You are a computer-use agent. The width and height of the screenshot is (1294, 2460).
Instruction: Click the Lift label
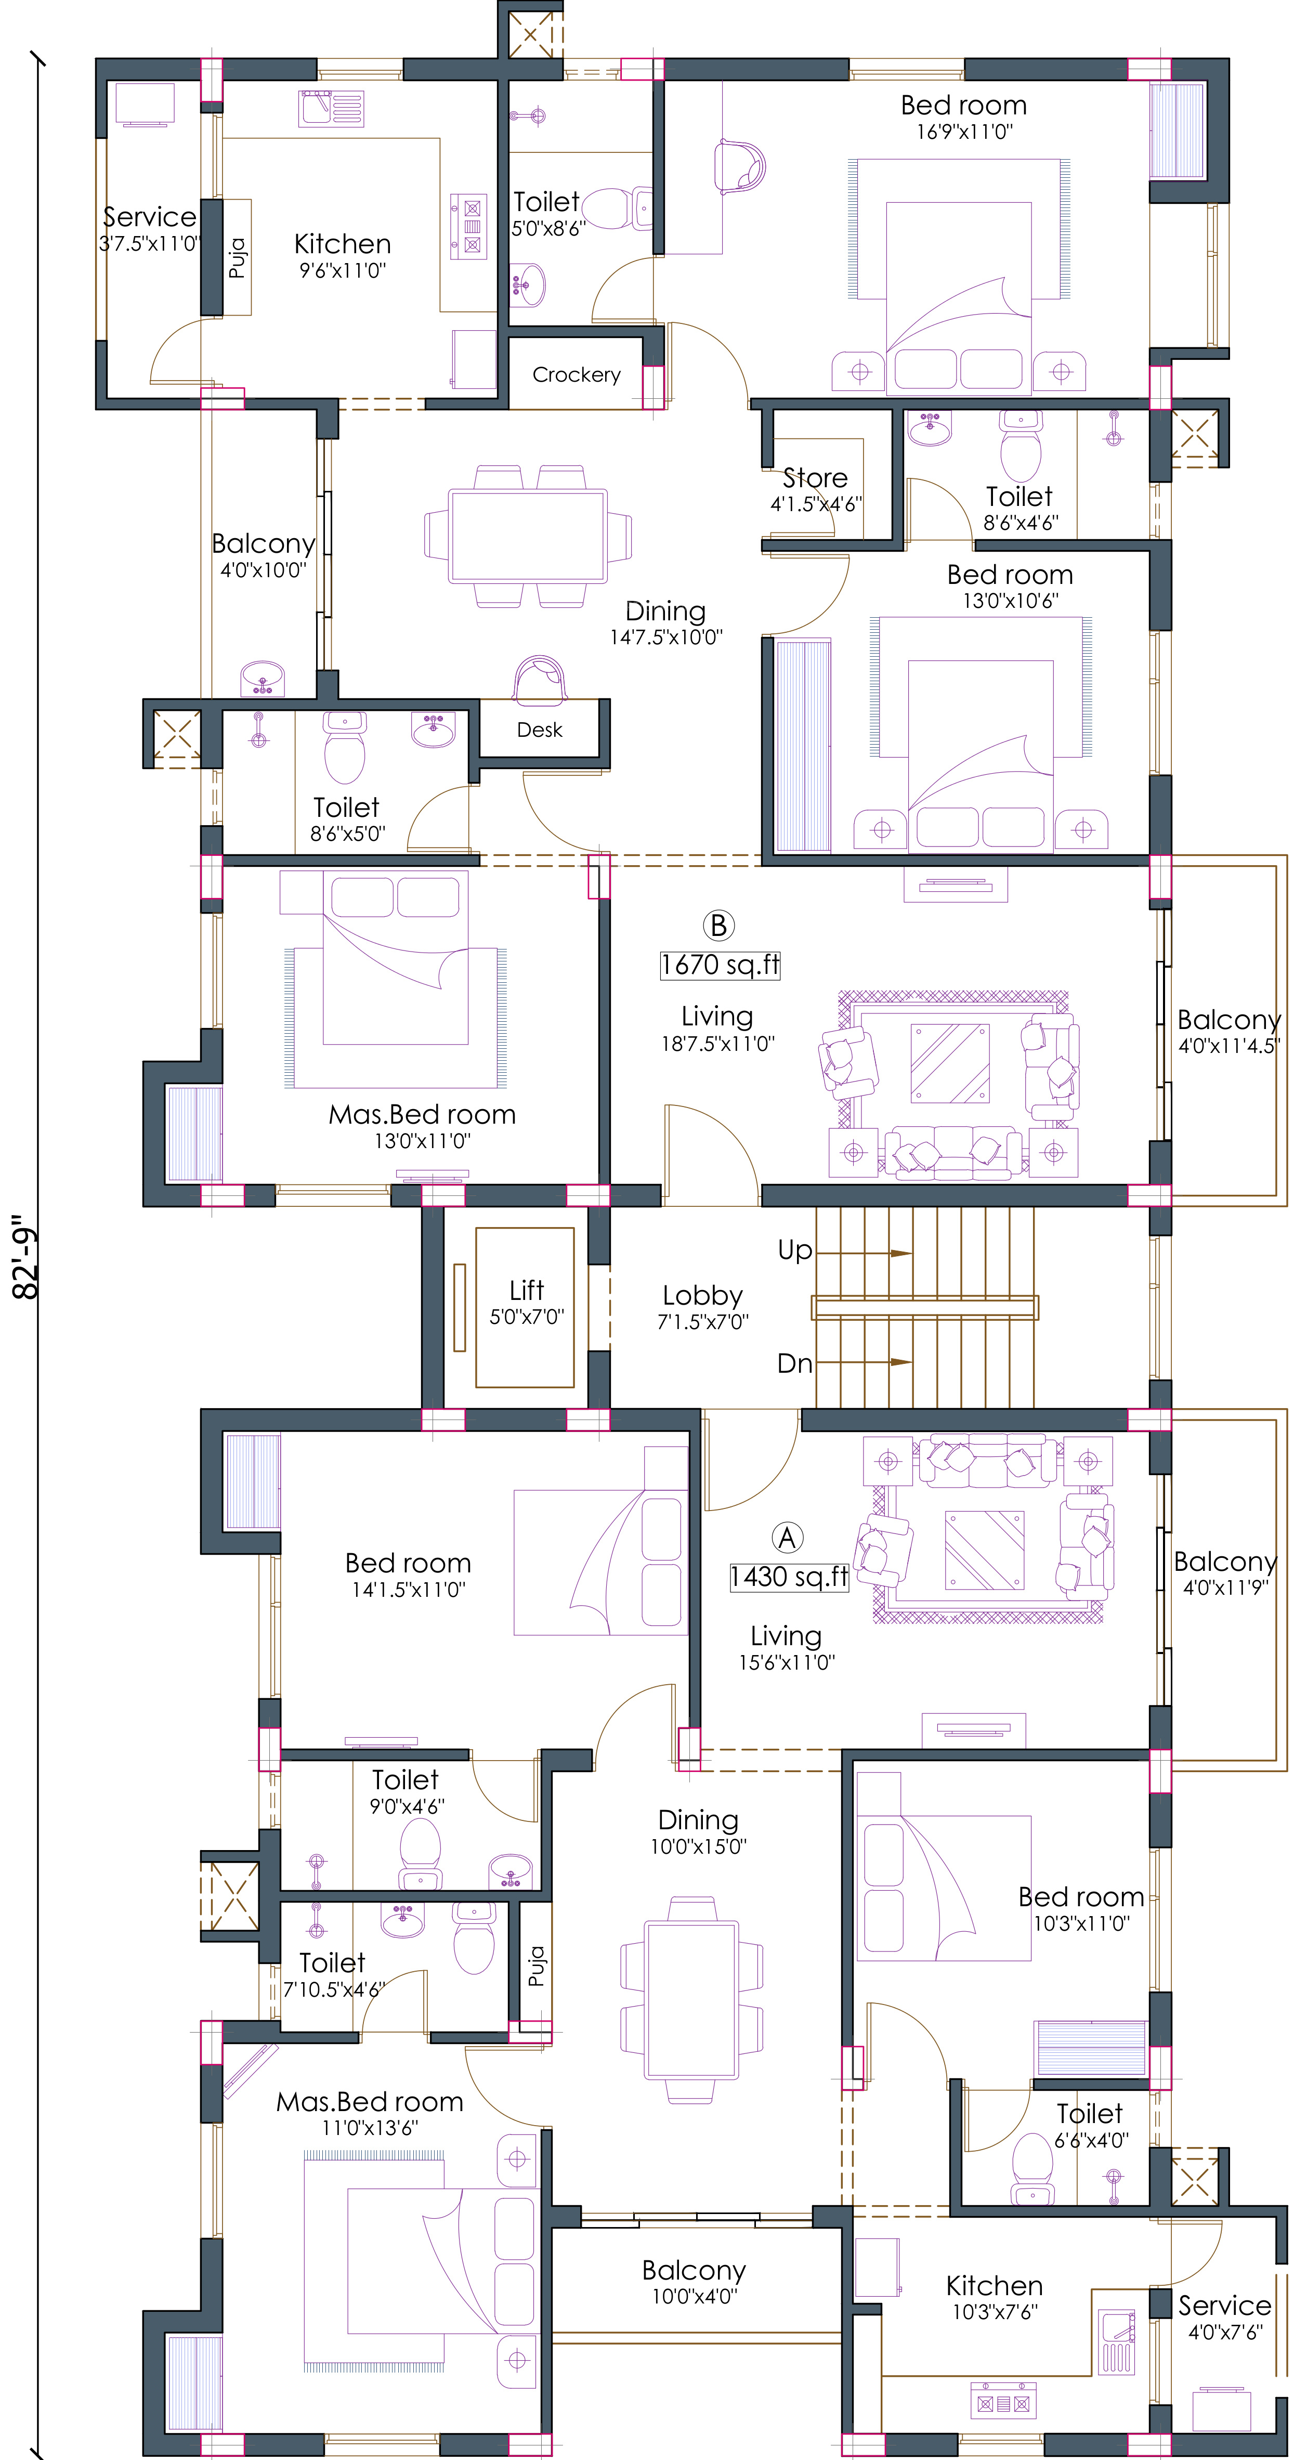[526, 1290]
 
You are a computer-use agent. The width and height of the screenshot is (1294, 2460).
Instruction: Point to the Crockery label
[576, 374]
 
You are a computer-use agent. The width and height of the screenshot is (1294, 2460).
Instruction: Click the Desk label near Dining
[540, 730]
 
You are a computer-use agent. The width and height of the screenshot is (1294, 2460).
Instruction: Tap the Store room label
[815, 477]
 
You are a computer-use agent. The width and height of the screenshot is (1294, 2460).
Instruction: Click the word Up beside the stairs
[794, 1250]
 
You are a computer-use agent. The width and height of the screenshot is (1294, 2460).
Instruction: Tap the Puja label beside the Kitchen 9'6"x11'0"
[237, 258]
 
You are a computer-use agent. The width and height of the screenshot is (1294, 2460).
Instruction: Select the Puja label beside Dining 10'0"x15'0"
[537, 1966]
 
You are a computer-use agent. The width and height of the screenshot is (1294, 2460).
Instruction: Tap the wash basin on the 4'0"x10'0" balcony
[263, 679]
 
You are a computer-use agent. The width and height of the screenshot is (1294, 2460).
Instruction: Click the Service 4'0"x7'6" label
[1224, 2305]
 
